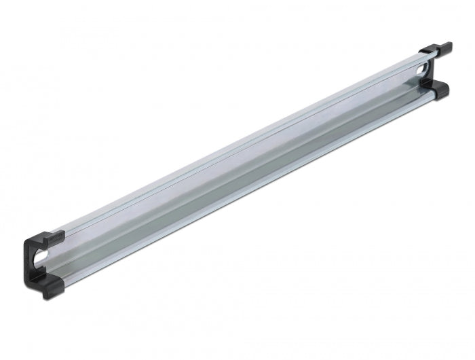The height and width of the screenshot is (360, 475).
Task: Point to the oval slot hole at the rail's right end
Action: [425, 71]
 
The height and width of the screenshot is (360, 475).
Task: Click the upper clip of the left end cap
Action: [47, 237]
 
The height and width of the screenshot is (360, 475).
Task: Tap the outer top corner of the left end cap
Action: [28, 238]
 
